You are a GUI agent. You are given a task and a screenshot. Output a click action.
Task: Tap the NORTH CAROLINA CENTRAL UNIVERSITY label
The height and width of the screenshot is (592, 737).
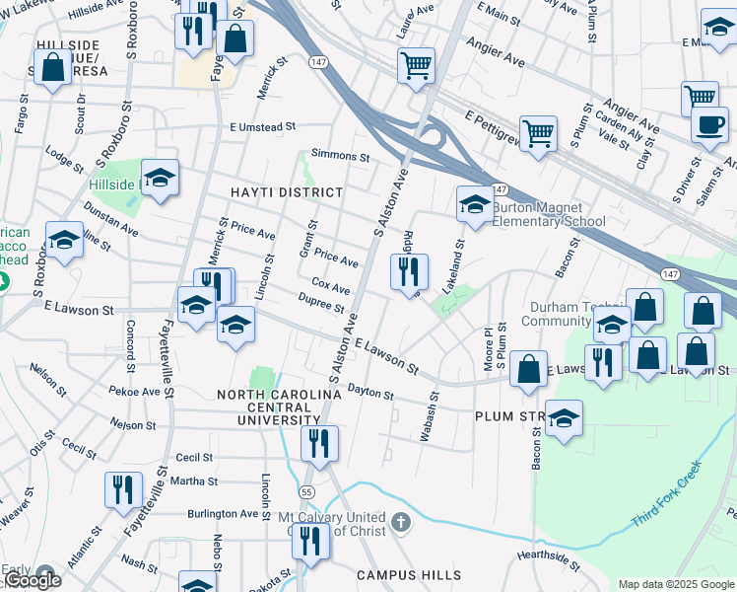pyautogui.click(x=279, y=407)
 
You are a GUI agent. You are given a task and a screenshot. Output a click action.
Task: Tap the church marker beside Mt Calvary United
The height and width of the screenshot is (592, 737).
pyautogui.click(x=399, y=521)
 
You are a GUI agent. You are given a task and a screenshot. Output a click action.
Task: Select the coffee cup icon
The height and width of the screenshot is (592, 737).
pyautogui.click(x=708, y=124)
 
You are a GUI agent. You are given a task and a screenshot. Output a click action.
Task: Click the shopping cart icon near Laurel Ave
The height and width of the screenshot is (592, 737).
pyautogui.click(x=416, y=65)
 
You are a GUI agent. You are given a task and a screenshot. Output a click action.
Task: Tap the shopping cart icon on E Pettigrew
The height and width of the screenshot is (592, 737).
pyautogui.click(x=538, y=132)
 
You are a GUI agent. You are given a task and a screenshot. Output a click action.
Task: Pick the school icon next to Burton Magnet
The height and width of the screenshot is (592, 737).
pyautogui.click(x=474, y=204)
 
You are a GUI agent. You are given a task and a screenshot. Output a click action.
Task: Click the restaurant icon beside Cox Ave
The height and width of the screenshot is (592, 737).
pyautogui.click(x=408, y=270)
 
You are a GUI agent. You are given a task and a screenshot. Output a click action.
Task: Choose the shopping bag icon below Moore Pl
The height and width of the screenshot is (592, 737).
pyautogui.click(x=528, y=369)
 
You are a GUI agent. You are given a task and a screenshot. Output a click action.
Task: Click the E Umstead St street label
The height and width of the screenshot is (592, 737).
pyautogui.click(x=263, y=126)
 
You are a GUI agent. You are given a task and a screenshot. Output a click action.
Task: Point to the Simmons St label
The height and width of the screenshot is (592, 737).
pyautogui.click(x=340, y=156)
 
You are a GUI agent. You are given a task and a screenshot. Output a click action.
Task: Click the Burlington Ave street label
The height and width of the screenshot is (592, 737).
pyautogui.click(x=223, y=514)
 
